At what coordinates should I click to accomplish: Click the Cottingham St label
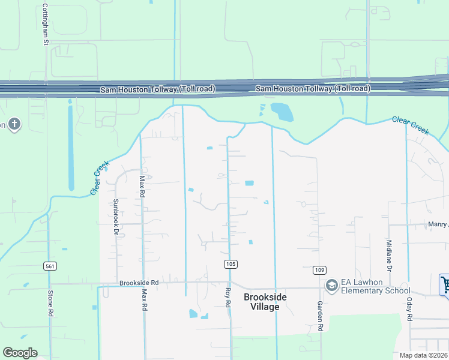tap(45, 25)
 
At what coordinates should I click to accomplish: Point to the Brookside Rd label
tap(139, 282)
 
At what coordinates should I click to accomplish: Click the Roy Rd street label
tap(228, 298)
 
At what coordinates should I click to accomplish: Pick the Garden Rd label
tap(321, 316)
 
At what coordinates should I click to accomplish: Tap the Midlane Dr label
tap(389, 256)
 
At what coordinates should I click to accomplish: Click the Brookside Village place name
tap(261, 302)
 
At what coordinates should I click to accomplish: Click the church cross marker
tap(14, 124)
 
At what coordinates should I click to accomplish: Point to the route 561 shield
tap(50, 265)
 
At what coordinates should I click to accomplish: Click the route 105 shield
tap(229, 264)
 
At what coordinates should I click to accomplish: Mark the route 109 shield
tap(319, 269)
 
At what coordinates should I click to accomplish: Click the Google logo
tap(20, 352)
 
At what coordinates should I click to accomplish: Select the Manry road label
tap(438, 224)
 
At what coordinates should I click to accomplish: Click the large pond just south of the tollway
tap(282, 112)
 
